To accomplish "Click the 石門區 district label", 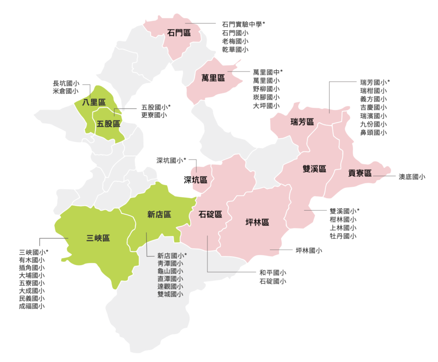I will (x=179, y=33).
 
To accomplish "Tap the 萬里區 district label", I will (x=213, y=78).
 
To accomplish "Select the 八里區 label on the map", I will (x=94, y=102).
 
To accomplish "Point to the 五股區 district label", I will (x=108, y=124).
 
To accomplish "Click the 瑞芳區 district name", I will (x=302, y=122).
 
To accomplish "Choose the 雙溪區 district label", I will (x=314, y=169).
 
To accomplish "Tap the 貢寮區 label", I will (x=359, y=173).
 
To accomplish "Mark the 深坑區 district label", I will (x=195, y=180).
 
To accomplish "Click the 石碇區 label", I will (x=210, y=215).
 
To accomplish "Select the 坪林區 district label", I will (x=257, y=222).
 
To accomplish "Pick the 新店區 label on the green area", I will (x=159, y=215).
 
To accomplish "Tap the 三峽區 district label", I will (x=98, y=238).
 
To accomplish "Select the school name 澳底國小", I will (x=412, y=176).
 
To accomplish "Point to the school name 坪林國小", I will (x=309, y=250).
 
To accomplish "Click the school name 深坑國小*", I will (x=171, y=161).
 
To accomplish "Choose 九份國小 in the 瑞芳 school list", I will (x=373, y=124).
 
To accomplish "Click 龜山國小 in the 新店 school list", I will (x=170, y=271).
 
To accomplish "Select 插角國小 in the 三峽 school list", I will (x=31, y=267).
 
